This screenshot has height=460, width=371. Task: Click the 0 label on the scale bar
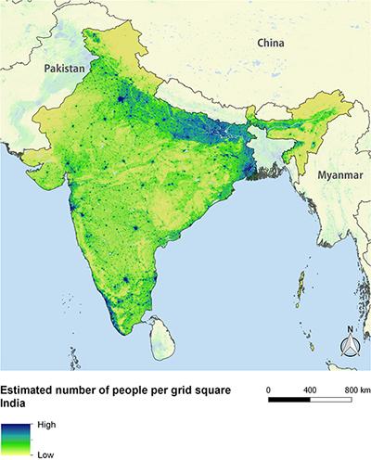pos(267,390)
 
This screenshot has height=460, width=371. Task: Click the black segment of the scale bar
pos(287,402)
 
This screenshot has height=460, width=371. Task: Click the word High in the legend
pos(47,424)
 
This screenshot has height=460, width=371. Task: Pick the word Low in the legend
pos(45,455)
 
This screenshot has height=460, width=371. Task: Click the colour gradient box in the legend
pos(15,439)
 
